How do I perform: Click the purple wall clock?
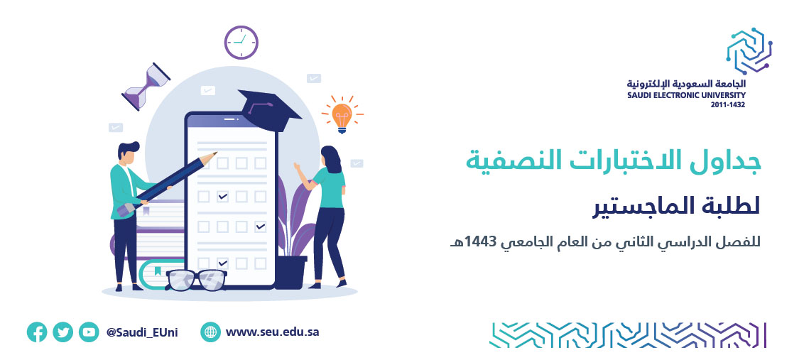(x=241, y=43)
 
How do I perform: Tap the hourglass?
(x=146, y=87)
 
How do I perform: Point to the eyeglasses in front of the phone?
(x=197, y=280)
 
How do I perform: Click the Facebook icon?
(x=37, y=332)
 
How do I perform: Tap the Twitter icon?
(x=62, y=332)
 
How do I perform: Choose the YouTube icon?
(x=89, y=332)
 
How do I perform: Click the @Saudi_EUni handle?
(x=142, y=333)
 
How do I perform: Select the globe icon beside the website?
(x=210, y=332)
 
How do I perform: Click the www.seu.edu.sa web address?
(x=272, y=332)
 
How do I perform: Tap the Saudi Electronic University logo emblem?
(x=749, y=50)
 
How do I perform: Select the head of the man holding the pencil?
(x=128, y=153)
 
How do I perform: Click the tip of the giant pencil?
(x=215, y=153)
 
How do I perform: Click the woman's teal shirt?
(x=329, y=187)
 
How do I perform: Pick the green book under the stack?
(x=163, y=275)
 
